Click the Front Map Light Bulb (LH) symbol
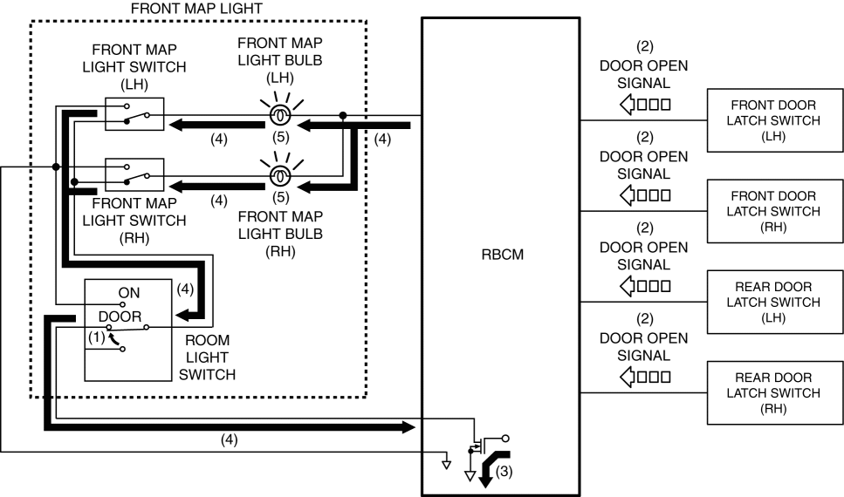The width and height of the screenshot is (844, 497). (x=279, y=115)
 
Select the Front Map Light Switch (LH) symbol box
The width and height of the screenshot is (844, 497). (x=134, y=114)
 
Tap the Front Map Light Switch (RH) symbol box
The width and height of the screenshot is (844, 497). (x=134, y=174)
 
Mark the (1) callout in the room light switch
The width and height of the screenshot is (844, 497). (x=96, y=335)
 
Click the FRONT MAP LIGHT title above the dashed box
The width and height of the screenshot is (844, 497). (x=196, y=8)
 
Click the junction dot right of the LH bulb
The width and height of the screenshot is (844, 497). (x=342, y=115)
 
